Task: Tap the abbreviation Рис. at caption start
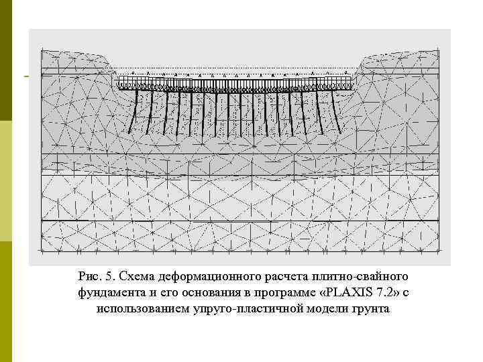[89, 276]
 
